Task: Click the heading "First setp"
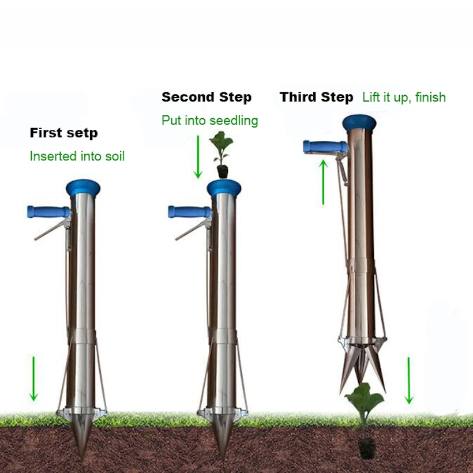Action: [x=64, y=133]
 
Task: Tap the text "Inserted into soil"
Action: [x=77, y=156]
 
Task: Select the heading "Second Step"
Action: [x=207, y=97]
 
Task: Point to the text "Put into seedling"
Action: [x=209, y=121]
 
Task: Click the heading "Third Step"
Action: [x=316, y=97]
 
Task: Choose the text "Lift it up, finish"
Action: [x=404, y=97]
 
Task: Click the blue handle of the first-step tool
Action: [x=46, y=212]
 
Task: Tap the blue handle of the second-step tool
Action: [x=188, y=212]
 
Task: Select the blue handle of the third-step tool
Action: [x=324, y=147]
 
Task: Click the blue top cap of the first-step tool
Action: [x=82, y=187]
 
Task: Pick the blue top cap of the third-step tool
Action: [x=359, y=122]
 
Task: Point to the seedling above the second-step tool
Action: [x=221, y=153]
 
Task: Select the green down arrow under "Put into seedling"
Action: [x=198, y=156]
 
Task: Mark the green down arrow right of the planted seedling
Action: [x=409, y=380]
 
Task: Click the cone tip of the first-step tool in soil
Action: [x=82, y=438]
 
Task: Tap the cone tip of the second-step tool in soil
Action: [x=223, y=438]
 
